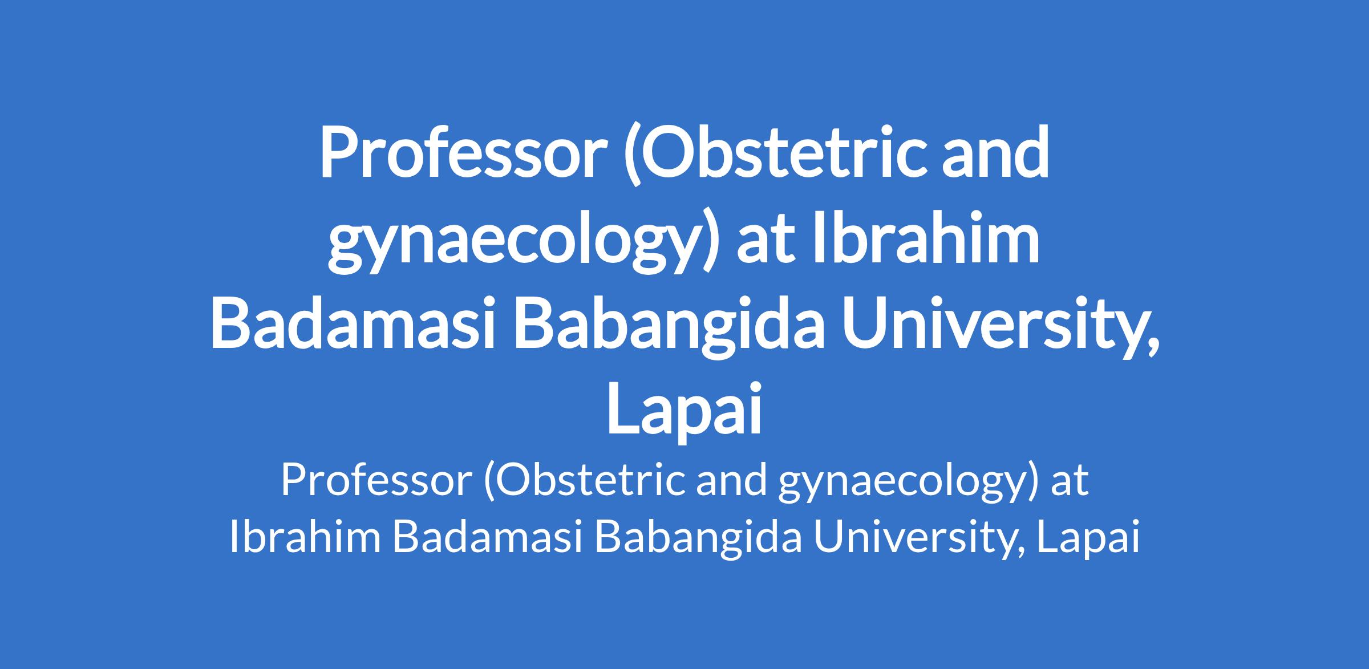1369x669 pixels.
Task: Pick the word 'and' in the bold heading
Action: point(995,152)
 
